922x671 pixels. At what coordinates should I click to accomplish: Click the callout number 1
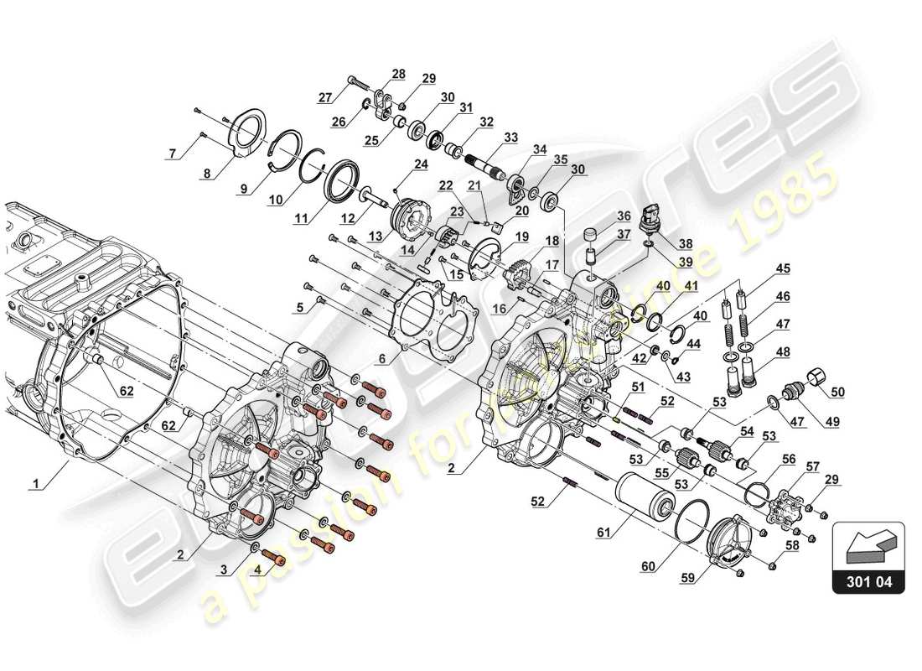[x=36, y=484]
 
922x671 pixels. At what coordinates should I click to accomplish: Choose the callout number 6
[x=381, y=359]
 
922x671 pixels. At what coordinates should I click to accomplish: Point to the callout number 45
[x=782, y=269]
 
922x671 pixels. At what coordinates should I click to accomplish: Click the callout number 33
[x=510, y=138]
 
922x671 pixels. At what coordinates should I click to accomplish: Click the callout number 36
[x=624, y=215]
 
